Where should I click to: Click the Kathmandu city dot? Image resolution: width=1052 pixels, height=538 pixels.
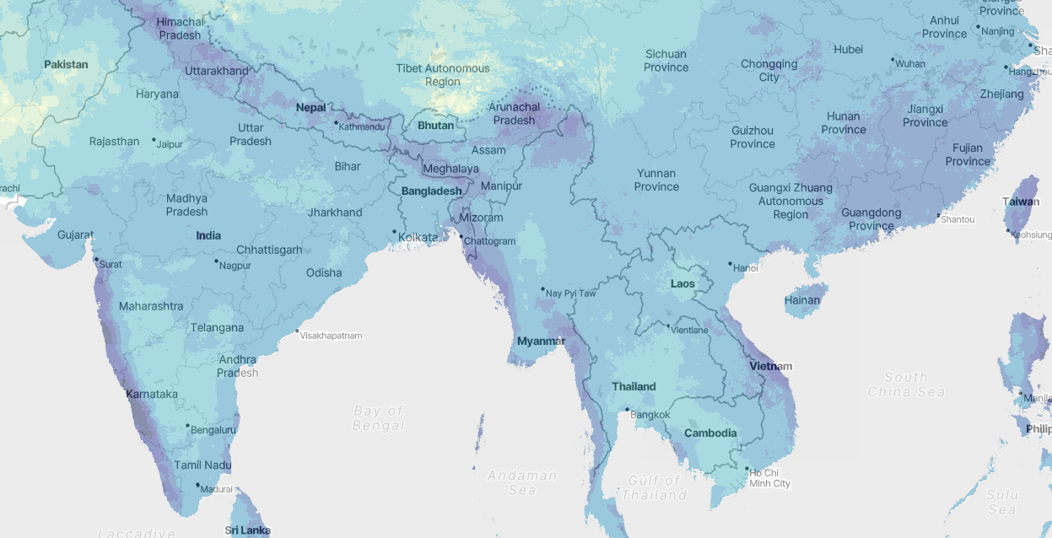[x=336, y=123]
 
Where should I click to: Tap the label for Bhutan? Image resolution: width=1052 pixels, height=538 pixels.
[x=435, y=126]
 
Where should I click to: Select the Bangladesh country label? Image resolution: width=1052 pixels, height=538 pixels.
[x=431, y=191]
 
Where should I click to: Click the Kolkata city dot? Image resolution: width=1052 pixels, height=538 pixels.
[x=394, y=232]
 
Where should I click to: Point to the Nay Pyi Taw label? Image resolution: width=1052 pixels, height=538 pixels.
[x=571, y=293]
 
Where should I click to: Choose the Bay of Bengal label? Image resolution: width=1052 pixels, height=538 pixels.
[x=379, y=418]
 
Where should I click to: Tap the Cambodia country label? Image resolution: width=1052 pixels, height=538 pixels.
[x=710, y=433]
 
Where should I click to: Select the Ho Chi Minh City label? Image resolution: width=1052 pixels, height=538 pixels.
[x=769, y=477]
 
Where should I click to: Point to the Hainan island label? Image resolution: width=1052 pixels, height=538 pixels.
[x=801, y=300]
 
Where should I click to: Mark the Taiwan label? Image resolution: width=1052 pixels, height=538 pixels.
[x=1021, y=202]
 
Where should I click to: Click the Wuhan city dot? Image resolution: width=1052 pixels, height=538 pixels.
[x=893, y=59]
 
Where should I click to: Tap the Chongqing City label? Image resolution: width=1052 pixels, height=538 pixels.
[x=769, y=71]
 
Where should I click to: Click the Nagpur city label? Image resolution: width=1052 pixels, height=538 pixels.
[x=235, y=266]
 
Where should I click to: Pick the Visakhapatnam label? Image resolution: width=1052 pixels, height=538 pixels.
[x=332, y=336]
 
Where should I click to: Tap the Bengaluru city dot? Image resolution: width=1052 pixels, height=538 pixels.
[x=187, y=426]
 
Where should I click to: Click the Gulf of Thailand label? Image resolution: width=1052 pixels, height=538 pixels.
[x=654, y=487]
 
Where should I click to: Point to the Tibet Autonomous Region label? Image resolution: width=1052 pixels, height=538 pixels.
[x=443, y=75]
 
